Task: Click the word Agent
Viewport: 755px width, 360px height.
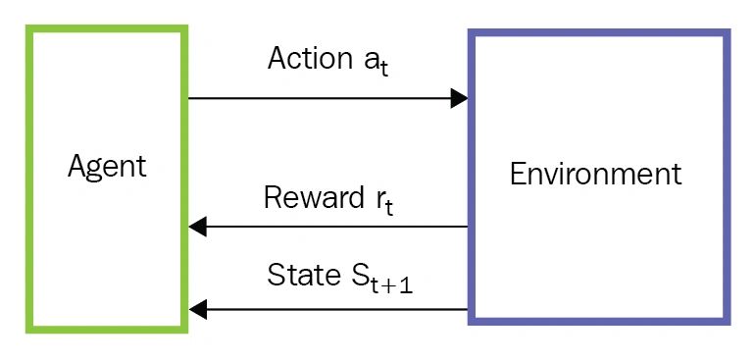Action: pos(107,167)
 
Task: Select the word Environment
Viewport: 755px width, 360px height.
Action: pos(595,175)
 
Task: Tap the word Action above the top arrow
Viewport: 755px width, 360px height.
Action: pos(307,59)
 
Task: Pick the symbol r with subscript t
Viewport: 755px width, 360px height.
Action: pos(384,202)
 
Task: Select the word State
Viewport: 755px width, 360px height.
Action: pos(301,275)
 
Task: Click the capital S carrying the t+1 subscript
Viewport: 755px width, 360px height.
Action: pos(359,276)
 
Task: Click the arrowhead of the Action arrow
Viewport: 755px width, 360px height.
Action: pos(459,98)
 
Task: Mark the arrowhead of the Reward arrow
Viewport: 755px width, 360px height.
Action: pos(198,227)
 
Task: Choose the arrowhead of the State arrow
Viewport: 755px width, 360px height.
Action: pos(198,309)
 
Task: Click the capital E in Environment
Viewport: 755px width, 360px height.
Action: pos(518,175)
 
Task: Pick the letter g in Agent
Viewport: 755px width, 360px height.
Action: pos(94,170)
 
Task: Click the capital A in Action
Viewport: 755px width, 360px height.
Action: pos(277,59)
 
